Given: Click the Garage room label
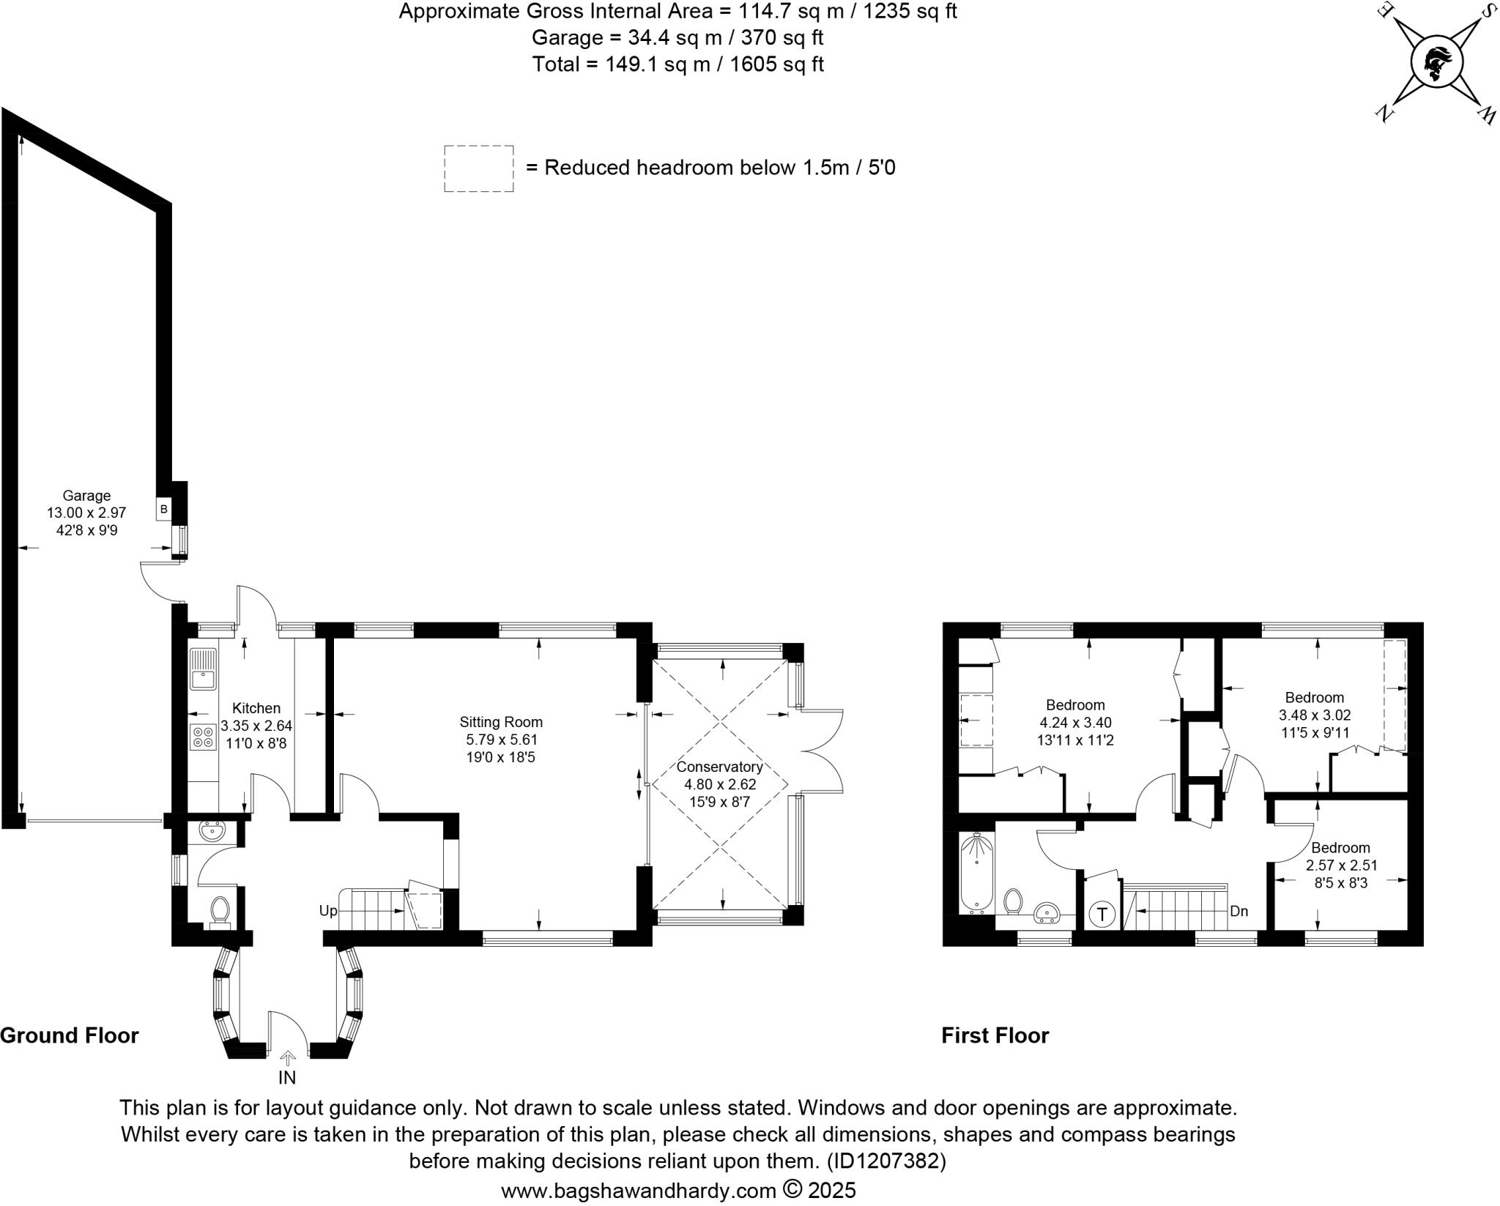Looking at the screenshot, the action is (x=86, y=496).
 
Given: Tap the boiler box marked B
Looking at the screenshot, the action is (x=163, y=509).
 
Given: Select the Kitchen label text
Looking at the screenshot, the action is (x=256, y=708).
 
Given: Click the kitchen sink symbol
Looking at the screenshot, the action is (x=203, y=669).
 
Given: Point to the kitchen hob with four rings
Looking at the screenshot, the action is (x=203, y=737).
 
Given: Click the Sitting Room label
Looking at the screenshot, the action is (x=501, y=722).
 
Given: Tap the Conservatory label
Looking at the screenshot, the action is (x=719, y=767).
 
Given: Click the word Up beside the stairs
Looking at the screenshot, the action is (x=328, y=911).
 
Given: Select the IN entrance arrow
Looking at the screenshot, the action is (x=287, y=1058).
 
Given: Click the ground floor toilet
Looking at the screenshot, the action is (x=219, y=912).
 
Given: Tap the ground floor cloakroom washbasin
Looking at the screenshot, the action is (x=215, y=833).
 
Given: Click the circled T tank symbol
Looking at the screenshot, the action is (x=1102, y=915).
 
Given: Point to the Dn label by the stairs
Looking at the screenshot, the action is (x=1239, y=912).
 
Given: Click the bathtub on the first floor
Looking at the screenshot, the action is (x=977, y=874).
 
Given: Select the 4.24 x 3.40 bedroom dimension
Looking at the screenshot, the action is (x=1075, y=723).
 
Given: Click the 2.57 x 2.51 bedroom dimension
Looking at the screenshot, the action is (x=1342, y=865).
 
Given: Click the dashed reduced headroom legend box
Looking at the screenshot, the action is (x=478, y=168).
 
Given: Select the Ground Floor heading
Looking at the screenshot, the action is (x=70, y=1035).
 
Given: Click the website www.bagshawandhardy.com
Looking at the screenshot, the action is (x=638, y=1190).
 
